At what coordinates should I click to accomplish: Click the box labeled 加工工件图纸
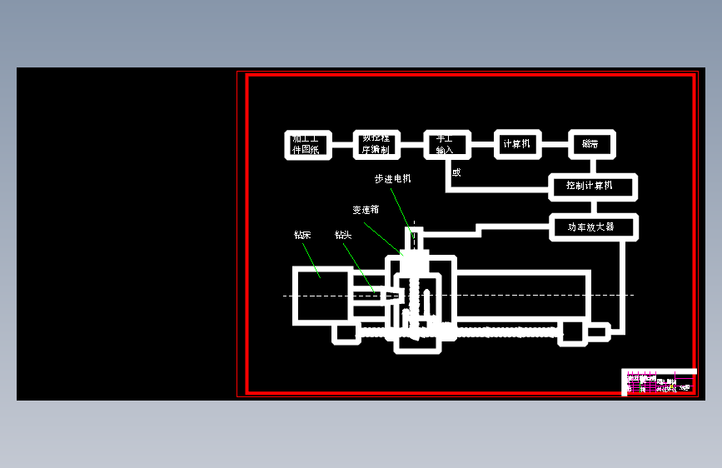coord(307,144)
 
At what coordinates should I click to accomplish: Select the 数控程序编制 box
coord(377,144)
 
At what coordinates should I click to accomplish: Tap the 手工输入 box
coord(446,144)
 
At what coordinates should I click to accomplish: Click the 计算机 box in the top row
coord(517,144)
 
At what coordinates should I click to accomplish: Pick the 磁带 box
coord(591,144)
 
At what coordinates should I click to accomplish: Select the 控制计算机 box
coord(593,186)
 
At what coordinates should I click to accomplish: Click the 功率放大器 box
coord(593,227)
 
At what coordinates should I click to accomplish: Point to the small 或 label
coord(456,173)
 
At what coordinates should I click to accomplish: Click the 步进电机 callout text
coord(392,179)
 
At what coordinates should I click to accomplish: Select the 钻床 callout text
coord(302,235)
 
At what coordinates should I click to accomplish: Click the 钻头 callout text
coord(343,235)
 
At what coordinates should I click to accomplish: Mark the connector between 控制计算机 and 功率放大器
coord(593,207)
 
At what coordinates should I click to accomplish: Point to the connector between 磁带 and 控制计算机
coord(593,165)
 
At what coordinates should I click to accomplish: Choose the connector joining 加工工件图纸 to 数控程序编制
coord(342,144)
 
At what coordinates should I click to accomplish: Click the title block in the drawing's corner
coord(660,382)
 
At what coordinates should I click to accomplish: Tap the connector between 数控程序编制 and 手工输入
coord(412,144)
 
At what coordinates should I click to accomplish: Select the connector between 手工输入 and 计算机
coord(481,144)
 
